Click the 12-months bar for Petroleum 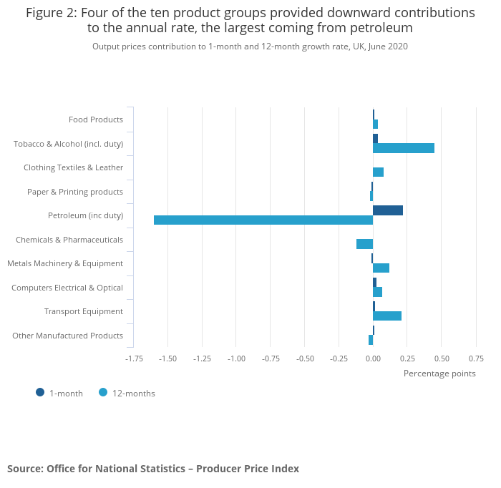tap(263, 220)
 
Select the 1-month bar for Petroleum tap(388, 210)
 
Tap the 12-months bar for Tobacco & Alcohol tap(404, 148)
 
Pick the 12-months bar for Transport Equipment tap(387, 316)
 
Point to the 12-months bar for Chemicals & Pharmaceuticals tap(364, 244)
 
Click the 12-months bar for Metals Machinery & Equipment tap(381, 268)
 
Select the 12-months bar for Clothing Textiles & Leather tap(378, 172)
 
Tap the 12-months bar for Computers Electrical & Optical tap(377, 292)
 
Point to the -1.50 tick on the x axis tap(167, 358)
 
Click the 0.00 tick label tap(373, 358)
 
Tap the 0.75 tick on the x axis tap(475, 358)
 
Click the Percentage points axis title tap(439, 373)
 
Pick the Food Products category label tap(96, 119)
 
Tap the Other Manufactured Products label tap(68, 336)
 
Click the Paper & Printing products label tap(75, 192)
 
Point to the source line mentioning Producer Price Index tap(153, 469)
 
